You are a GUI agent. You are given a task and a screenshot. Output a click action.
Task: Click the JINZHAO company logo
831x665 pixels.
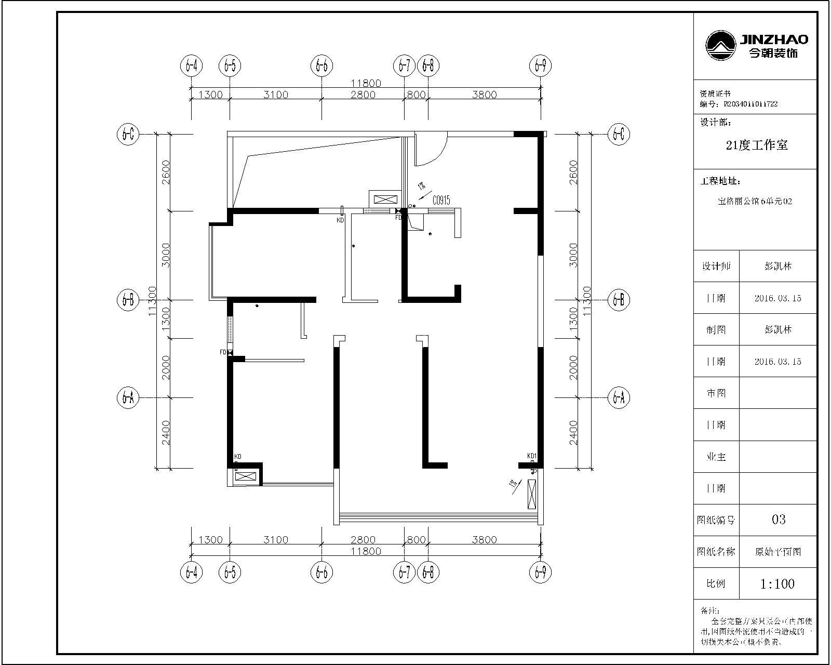tap(756, 45)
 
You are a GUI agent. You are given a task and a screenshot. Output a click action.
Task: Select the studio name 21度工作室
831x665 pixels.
tap(756, 145)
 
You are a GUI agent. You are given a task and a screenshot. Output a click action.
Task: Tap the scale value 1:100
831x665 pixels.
tap(778, 584)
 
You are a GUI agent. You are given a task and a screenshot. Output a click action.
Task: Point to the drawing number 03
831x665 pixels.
tap(779, 520)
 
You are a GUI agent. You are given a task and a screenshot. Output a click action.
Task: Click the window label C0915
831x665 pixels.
tap(441, 201)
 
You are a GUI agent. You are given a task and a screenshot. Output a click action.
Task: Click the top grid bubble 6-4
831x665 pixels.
tap(191, 66)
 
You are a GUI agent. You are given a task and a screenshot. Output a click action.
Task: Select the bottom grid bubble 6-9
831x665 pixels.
tap(540, 573)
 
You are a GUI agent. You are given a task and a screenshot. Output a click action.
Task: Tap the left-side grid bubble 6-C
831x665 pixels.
tap(128, 134)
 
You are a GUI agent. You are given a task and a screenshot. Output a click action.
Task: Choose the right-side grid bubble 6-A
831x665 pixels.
tap(619, 397)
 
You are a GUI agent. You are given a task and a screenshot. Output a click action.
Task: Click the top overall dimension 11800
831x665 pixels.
tap(366, 83)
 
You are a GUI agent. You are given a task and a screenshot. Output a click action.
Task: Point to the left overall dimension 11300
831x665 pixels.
tap(152, 300)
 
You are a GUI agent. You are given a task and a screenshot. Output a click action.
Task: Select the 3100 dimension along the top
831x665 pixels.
tap(275, 95)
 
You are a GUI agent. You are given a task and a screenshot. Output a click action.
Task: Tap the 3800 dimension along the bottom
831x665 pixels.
tap(484, 540)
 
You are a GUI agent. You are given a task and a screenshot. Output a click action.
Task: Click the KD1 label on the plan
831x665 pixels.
tap(531, 456)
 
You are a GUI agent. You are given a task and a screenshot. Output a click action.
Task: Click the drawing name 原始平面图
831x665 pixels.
tap(778, 552)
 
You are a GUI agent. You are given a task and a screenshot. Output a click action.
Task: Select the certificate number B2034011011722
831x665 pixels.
tap(750, 104)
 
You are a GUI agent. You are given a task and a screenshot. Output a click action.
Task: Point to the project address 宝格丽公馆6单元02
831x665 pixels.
tap(755, 202)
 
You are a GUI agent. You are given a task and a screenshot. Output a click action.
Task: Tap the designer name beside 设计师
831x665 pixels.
tap(778, 267)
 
